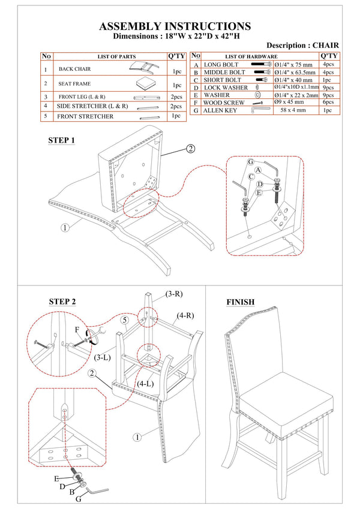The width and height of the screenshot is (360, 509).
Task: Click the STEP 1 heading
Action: click(61, 140)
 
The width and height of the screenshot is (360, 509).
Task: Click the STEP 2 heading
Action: click(62, 302)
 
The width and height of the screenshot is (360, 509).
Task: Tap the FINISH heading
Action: click(241, 302)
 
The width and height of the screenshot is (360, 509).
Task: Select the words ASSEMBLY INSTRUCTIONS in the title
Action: click(175, 26)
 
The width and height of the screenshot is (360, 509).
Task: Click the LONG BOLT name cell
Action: click(221, 65)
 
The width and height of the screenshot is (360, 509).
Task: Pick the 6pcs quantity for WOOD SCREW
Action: click(328, 102)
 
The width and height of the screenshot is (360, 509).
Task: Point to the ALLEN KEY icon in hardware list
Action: click(260, 110)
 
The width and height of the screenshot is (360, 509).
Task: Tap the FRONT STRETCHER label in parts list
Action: click(85, 116)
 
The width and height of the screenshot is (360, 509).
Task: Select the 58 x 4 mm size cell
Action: click(293, 110)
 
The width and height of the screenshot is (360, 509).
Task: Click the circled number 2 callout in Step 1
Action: click(191, 149)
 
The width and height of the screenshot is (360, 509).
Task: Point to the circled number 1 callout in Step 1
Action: click(65, 228)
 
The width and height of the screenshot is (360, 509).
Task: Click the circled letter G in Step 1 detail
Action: click(251, 162)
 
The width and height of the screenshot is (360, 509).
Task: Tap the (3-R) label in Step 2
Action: click(174, 294)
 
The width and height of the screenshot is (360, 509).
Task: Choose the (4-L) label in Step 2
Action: click(145, 384)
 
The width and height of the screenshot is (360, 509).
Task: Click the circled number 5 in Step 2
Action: click(125, 320)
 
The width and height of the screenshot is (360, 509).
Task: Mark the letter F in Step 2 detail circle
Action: click(77, 330)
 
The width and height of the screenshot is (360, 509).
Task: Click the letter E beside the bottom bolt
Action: click(56, 478)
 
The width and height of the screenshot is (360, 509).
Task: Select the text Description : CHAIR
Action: click(302, 46)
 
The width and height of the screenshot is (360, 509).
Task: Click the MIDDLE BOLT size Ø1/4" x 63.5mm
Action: click(295, 73)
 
